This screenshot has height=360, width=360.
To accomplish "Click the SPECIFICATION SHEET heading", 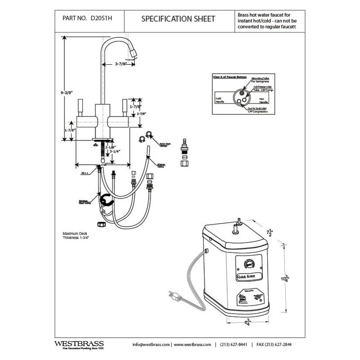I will coord(178,19).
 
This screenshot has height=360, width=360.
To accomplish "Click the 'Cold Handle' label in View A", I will coord(219,100).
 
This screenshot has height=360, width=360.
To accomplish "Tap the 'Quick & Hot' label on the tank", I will coord(247,276).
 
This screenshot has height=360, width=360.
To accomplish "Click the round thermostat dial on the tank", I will coord(248,264).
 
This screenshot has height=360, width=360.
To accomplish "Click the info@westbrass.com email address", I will coord(151,344).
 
